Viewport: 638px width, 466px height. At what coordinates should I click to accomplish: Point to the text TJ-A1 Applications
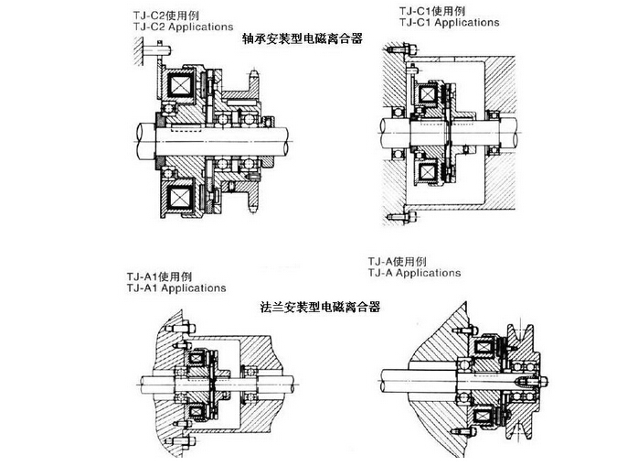point(177,287)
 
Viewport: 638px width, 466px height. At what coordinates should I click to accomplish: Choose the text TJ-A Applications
point(413,272)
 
